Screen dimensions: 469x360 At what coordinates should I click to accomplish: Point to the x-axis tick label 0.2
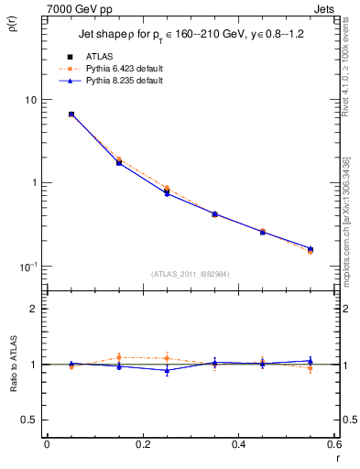tap(142, 443)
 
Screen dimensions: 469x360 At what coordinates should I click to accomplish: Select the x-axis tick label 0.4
tap(238, 443)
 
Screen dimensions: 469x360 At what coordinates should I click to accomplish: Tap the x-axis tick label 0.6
tap(333, 443)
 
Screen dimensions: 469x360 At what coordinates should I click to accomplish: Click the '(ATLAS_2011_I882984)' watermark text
tap(191, 273)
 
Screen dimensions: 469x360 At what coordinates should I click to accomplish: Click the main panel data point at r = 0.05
tap(71, 115)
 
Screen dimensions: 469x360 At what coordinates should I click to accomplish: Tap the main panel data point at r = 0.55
tap(311, 249)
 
